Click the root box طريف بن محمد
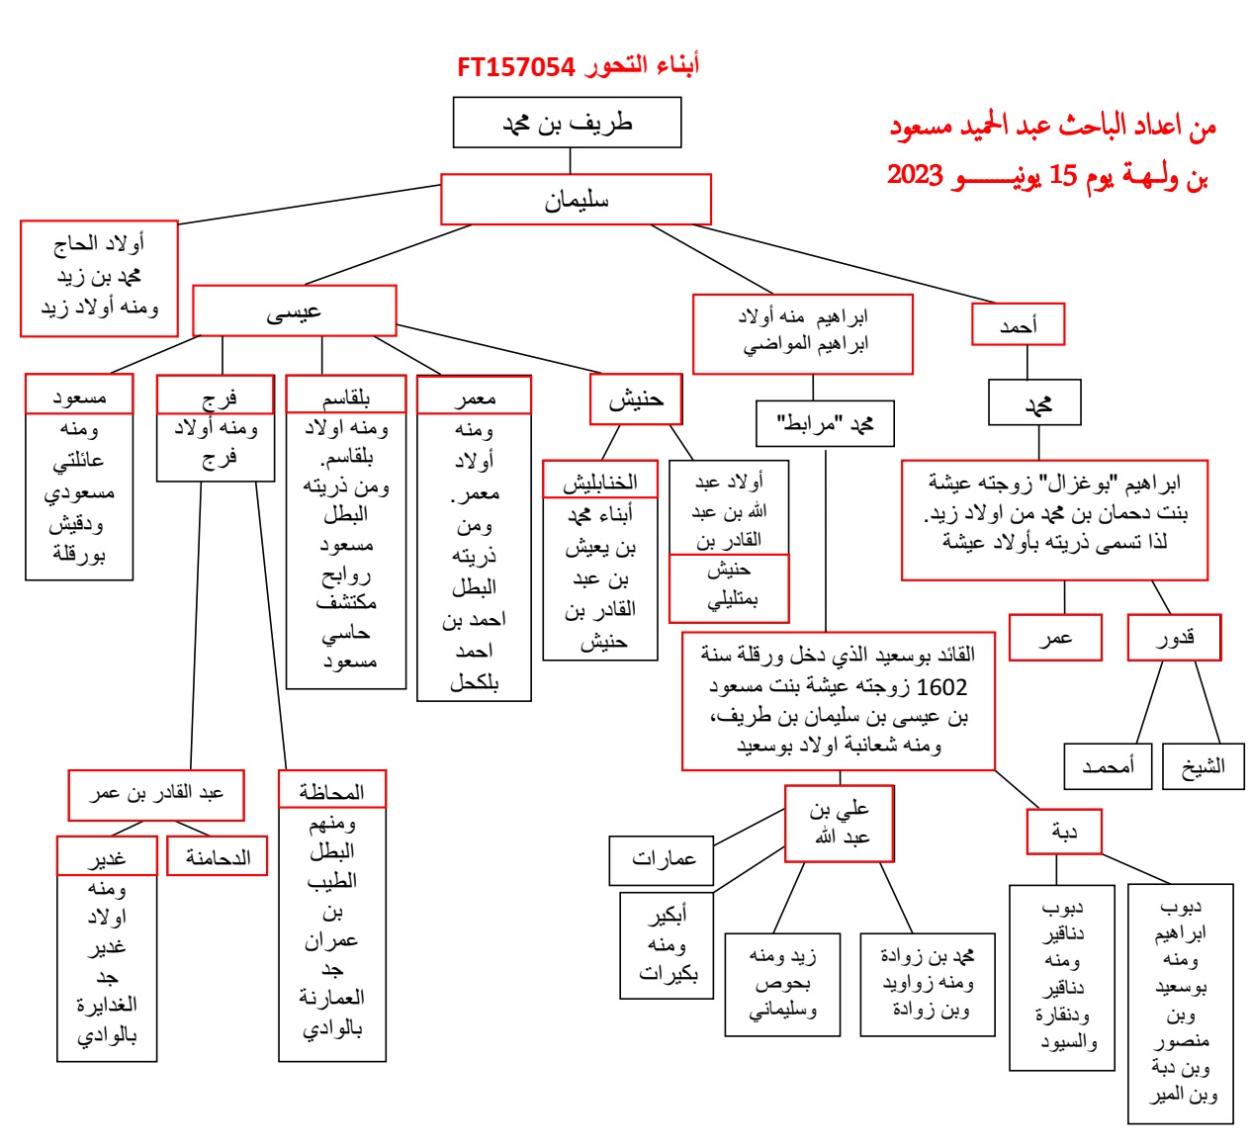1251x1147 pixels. tap(567, 123)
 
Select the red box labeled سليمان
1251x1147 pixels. tap(576, 200)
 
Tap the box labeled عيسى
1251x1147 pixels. tap(294, 311)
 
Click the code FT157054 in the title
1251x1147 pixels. tap(516, 67)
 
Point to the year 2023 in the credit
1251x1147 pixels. tap(915, 175)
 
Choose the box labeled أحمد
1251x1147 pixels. tap(1018, 324)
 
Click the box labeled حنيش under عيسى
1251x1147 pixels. tap(636, 399)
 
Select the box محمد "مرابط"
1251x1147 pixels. tap(825, 424)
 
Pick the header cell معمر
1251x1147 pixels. tap(474, 397)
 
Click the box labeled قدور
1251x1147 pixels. tap(1174, 638)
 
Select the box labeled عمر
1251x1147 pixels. tap(1055, 638)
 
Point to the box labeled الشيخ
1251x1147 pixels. tap(1203, 766)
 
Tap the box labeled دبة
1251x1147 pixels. tap(1063, 832)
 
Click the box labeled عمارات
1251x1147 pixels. tap(663, 858)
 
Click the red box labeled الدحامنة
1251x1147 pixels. tap(218, 857)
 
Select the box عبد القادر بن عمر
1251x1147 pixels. tap(156, 794)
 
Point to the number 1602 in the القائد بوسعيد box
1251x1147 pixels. tap(941, 686)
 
